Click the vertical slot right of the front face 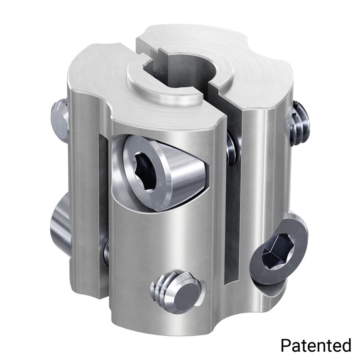pos(233,208)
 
